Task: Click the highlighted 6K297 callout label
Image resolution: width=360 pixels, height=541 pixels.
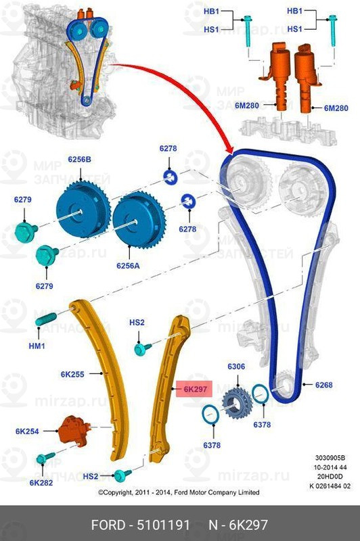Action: pyautogui.click(x=195, y=389)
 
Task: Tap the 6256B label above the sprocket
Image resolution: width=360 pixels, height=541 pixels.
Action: pyautogui.click(x=79, y=160)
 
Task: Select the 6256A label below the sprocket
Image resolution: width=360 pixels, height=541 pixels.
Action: pyautogui.click(x=128, y=265)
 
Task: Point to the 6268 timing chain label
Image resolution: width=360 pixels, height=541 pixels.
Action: pyautogui.click(x=323, y=385)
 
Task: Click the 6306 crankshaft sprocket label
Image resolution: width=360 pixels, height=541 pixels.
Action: pyautogui.click(x=236, y=367)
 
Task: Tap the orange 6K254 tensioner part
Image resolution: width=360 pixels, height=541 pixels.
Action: pyautogui.click(x=74, y=431)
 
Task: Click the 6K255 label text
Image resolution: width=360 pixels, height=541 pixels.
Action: pyautogui.click(x=72, y=374)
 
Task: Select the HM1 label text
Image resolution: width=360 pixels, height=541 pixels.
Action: pyautogui.click(x=37, y=346)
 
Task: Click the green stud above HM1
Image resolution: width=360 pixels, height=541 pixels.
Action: pyautogui.click(x=45, y=319)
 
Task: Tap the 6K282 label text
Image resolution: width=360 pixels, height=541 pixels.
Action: pyautogui.click(x=41, y=482)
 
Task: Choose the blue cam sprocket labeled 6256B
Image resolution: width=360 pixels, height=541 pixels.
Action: pyautogui.click(x=83, y=209)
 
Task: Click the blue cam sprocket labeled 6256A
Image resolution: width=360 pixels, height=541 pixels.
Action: pyautogui.click(x=139, y=219)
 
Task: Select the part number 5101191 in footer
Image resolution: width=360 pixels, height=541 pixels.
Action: pyautogui.click(x=164, y=525)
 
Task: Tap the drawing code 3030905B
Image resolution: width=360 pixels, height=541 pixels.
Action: pyautogui.click(x=330, y=458)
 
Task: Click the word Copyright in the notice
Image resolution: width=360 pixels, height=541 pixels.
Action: pyautogui.click(x=118, y=492)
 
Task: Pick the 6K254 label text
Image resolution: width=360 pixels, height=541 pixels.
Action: pyautogui.click(x=27, y=431)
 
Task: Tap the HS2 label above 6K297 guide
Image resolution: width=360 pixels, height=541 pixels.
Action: pyautogui.click(x=137, y=323)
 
